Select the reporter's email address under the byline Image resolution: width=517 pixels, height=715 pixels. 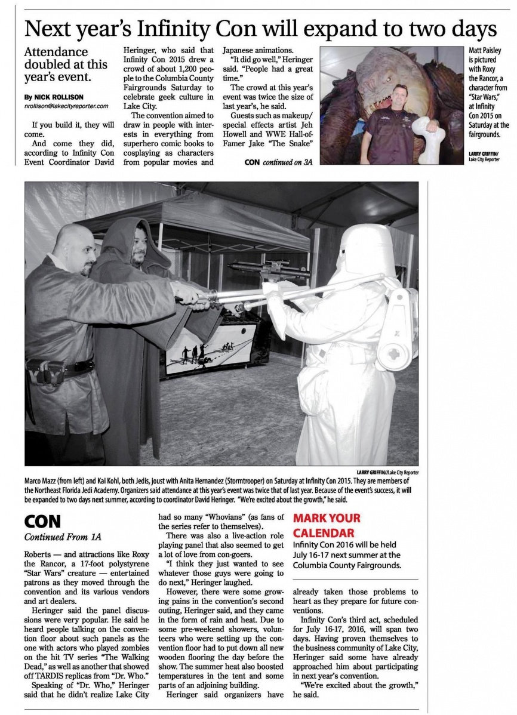[66, 106]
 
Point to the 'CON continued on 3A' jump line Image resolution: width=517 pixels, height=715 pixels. [278, 162]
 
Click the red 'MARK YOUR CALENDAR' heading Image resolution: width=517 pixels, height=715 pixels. [327, 525]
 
